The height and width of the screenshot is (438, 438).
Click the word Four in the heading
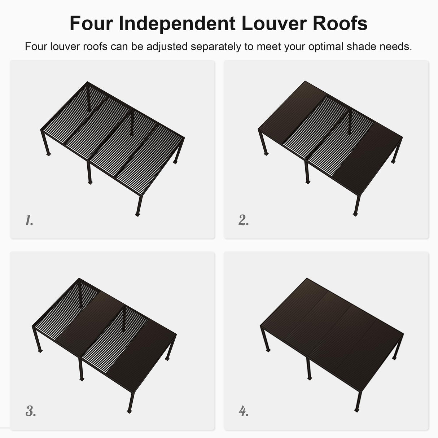tap(92, 23)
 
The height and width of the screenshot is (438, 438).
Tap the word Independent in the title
tap(176, 23)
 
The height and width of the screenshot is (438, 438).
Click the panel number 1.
tap(29, 220)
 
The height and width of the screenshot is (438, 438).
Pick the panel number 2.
tap(244, 220)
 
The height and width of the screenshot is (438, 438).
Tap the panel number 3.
tap(31, 411)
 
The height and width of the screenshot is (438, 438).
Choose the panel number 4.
tap(244, 411)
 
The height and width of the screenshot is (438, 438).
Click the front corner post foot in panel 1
tap(137, 215)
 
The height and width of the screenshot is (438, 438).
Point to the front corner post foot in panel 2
tap(355, 215)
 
